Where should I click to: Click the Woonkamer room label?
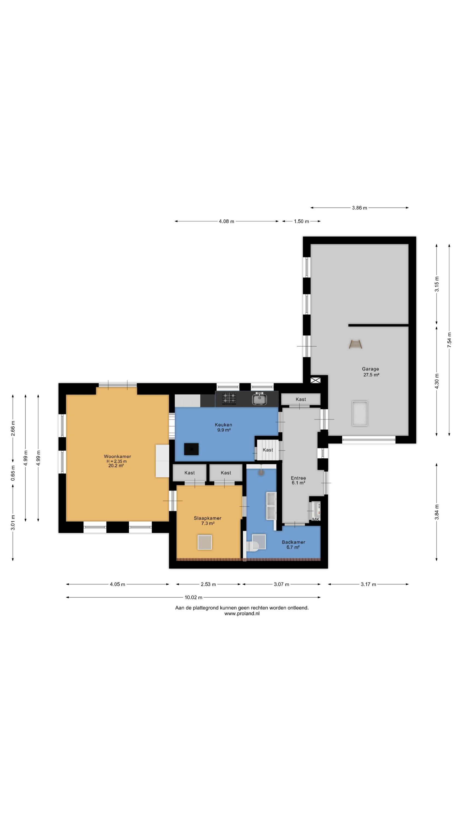pyautogui.click(x=117, y=456)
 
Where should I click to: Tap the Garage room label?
pyautogui.click(x=370, y=369)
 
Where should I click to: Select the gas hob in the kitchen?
pyautogui.click(x=229, y=399)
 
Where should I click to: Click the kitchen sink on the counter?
pyautogui.click(x=259, y=399)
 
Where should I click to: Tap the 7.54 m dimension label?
pyautogui.click(x=449, y=340)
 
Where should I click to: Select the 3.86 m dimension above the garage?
pyautogui.click(x=359, y=208)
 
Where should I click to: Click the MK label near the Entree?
pyautogui.click(x=316, y=520)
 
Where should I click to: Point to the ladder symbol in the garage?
pyautogui.click(x=356, y=344)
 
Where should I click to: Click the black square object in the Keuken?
pyautogui.click(x=191, y=449)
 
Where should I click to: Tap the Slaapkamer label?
pyautogui.click(x=207, y=518)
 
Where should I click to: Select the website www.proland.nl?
pyautogui.click(x=242, y=613)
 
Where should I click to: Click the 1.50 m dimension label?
pyautogui.click(x=301, y=221)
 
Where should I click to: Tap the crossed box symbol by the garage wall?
pyautogui.click(x=315, y=380)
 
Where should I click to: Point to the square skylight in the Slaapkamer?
pyautogui.click(x=205, y=543)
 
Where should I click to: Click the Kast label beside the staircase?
pyautogui.click(x=268, y=450)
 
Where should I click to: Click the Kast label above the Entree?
pyautogui.click(x=301, y=399)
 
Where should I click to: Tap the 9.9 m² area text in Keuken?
pyautogui.click(x=224, y=430)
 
